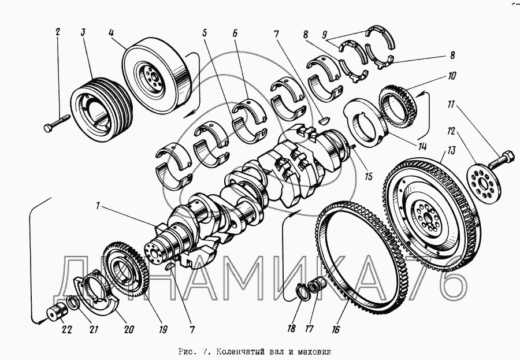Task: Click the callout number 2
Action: (x=58, y=32)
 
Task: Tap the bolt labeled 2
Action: (x=57, y=123)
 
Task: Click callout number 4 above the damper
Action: (x=111, y=32)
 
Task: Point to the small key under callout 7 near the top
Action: (x=322, y=120)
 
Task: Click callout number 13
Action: (x=451, y=150)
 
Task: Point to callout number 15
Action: (x=368, y=176)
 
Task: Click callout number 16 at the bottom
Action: (x=335, y=329)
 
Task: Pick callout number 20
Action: (x=129, y=329)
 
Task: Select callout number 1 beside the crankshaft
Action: (x=98, y=206)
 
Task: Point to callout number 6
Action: (x=235, y=33)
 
